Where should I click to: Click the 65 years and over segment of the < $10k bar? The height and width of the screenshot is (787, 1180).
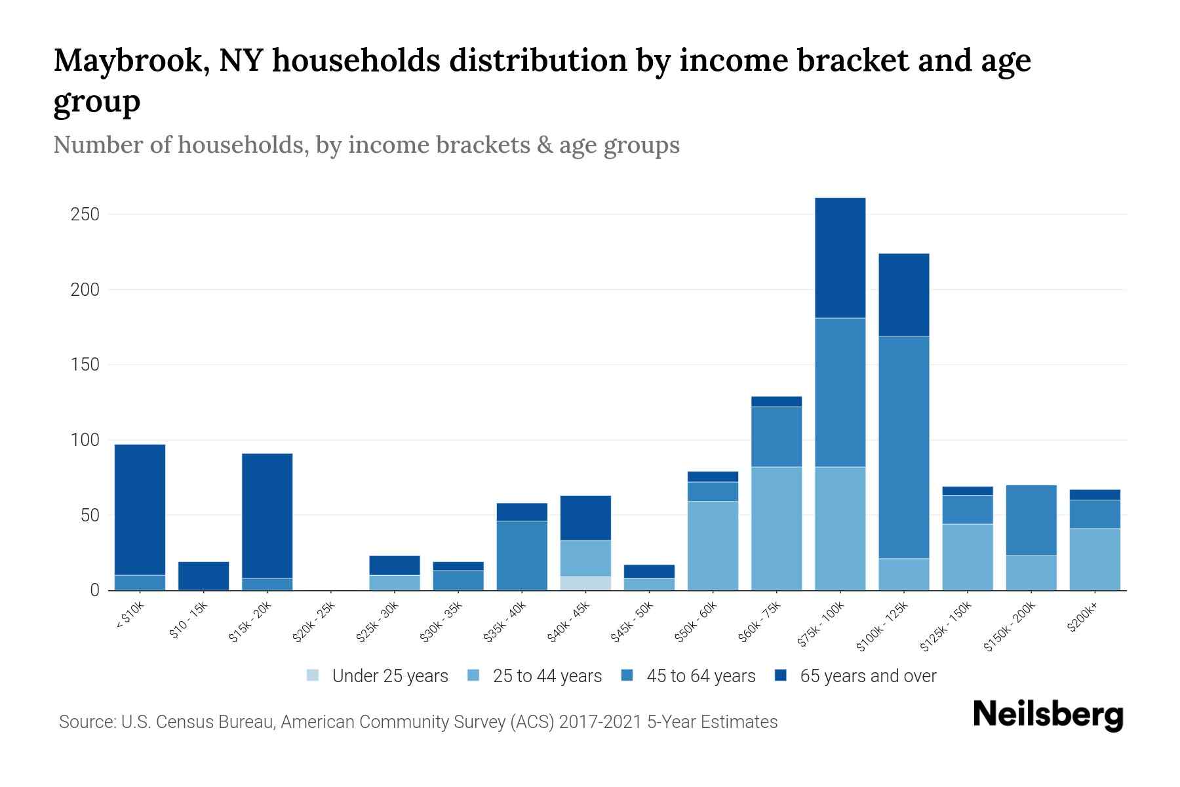140,510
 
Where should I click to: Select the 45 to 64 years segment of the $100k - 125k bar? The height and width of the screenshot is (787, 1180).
903,447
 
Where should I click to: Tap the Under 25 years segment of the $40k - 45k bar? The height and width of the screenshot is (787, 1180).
585,583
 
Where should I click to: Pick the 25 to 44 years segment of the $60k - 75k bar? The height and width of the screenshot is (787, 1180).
776,528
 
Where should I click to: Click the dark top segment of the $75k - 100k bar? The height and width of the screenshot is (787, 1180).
840,258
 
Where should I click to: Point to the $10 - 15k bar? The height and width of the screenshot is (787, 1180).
203,576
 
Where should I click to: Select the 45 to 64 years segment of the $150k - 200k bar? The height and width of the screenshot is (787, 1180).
1031,520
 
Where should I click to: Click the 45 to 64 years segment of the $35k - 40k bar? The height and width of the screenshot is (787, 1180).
522,555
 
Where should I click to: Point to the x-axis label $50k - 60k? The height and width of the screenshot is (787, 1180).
698,620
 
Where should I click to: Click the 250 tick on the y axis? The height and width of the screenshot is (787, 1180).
85,214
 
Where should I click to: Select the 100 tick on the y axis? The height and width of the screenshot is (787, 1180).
85,440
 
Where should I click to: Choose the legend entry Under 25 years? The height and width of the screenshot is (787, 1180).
378,676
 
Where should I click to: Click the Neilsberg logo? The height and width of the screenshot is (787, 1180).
1048,715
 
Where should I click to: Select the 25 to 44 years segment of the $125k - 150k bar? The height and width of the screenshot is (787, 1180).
967,557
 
